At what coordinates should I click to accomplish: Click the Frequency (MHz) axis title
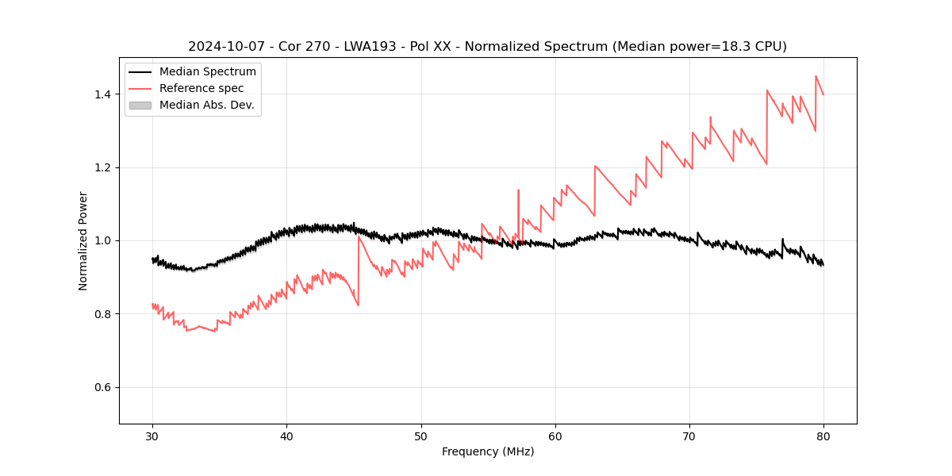tap(488, 451)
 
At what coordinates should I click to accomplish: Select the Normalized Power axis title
tap(83, 240)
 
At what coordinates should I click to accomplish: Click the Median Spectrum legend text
tap(207, 72)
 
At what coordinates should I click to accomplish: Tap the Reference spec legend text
tap(202, 88)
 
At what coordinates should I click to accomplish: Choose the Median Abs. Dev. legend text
tap(206, 105)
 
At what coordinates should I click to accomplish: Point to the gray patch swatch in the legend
tap(140, 105)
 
